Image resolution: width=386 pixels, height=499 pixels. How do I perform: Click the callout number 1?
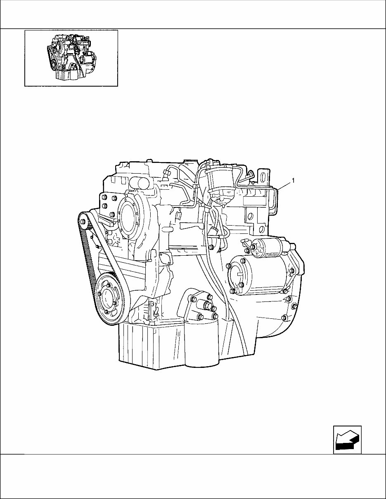click(293, 180)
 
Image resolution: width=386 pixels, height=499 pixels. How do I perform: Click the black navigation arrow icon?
click(347, 440)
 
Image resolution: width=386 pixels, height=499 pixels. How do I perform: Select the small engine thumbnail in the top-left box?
click(71, 58)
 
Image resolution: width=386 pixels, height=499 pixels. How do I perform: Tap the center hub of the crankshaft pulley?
click(108, 299)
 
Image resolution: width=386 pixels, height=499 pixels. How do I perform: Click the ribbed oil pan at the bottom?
click(151, 346)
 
